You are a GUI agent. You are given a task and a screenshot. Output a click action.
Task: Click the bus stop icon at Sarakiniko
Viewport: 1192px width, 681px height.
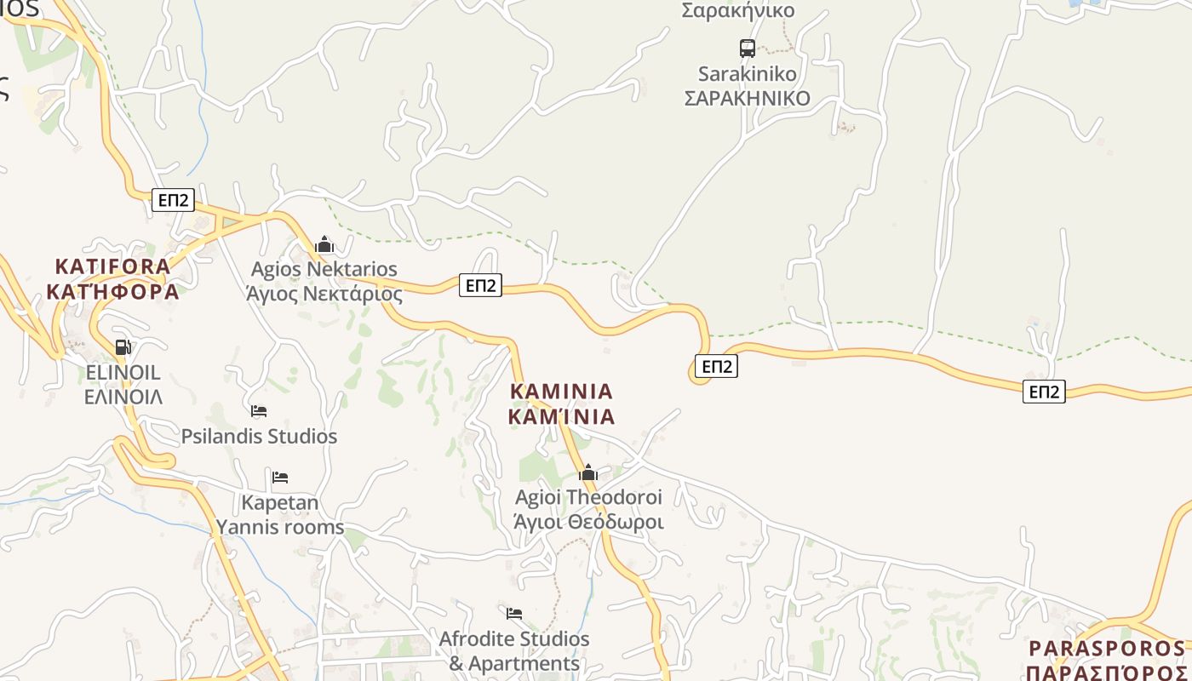coord(747,48)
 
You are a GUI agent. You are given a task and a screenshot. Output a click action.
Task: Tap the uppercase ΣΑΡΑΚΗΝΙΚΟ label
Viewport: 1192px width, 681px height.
coord(747,98)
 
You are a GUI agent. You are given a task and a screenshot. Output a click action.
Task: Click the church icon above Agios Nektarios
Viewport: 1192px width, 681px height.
coord(324,245)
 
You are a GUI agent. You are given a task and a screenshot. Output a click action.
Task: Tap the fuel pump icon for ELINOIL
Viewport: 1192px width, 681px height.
coord(123,346)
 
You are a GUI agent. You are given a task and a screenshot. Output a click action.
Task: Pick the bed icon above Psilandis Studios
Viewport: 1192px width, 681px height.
coord(259,411)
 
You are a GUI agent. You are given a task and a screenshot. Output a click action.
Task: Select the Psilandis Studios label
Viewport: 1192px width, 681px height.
coord(259,436)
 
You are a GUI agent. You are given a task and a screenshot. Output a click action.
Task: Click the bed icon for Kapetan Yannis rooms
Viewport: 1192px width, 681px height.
coord(280,477)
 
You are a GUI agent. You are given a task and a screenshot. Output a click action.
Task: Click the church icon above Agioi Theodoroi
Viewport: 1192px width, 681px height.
coord(588,472)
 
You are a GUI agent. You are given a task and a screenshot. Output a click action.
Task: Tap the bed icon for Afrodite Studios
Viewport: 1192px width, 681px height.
coord(514,613)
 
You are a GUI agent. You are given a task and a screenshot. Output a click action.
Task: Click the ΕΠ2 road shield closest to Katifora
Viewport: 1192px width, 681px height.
coord(173,200)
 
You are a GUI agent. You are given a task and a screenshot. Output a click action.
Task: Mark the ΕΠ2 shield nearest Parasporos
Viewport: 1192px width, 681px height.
coord(1044,392)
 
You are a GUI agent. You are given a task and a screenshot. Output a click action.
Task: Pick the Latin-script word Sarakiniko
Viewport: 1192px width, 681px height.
coord(747,73)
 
